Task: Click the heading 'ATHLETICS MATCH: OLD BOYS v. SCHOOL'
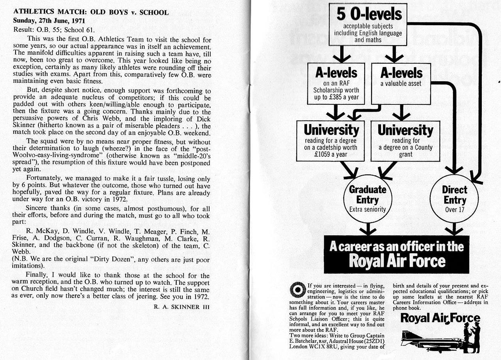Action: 91,12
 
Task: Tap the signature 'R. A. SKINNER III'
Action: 182,307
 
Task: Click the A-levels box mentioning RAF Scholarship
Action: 336,83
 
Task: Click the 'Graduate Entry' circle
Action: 367,198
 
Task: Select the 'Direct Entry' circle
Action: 454,198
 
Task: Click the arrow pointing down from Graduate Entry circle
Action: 367,230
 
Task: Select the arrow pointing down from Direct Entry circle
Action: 454,230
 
